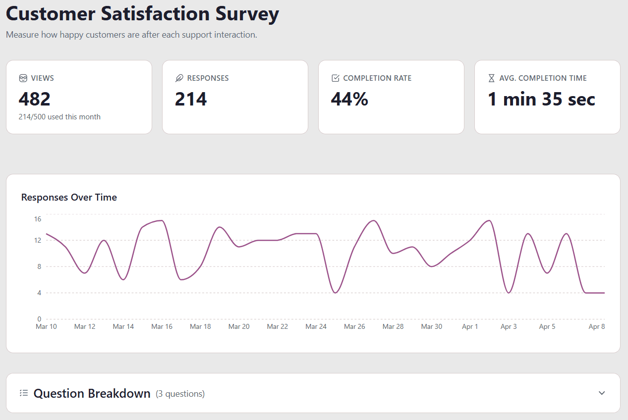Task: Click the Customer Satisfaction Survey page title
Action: (142, 13)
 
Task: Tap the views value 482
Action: (35, 100)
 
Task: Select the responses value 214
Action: (191, 100)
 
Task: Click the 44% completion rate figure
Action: (349, 100)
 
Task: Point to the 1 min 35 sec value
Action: (541, 100)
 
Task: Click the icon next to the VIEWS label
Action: (23, 78)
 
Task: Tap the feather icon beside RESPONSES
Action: (179, 78)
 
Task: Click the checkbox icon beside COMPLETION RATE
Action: (336, 78)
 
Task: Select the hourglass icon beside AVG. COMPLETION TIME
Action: (492, 78)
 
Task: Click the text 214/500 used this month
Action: (59, 117)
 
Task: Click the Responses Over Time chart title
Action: (69, 197)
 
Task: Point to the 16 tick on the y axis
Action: (38, 219)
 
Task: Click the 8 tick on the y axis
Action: (39, 266)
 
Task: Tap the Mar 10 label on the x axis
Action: (46, 326)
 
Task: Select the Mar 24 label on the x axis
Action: (316, 326)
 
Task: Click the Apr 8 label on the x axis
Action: (596, 326)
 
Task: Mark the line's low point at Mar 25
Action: (336, 293)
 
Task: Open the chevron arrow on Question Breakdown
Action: (602, 393)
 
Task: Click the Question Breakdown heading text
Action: (92, 394)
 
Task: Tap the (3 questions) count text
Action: (180, 394)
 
